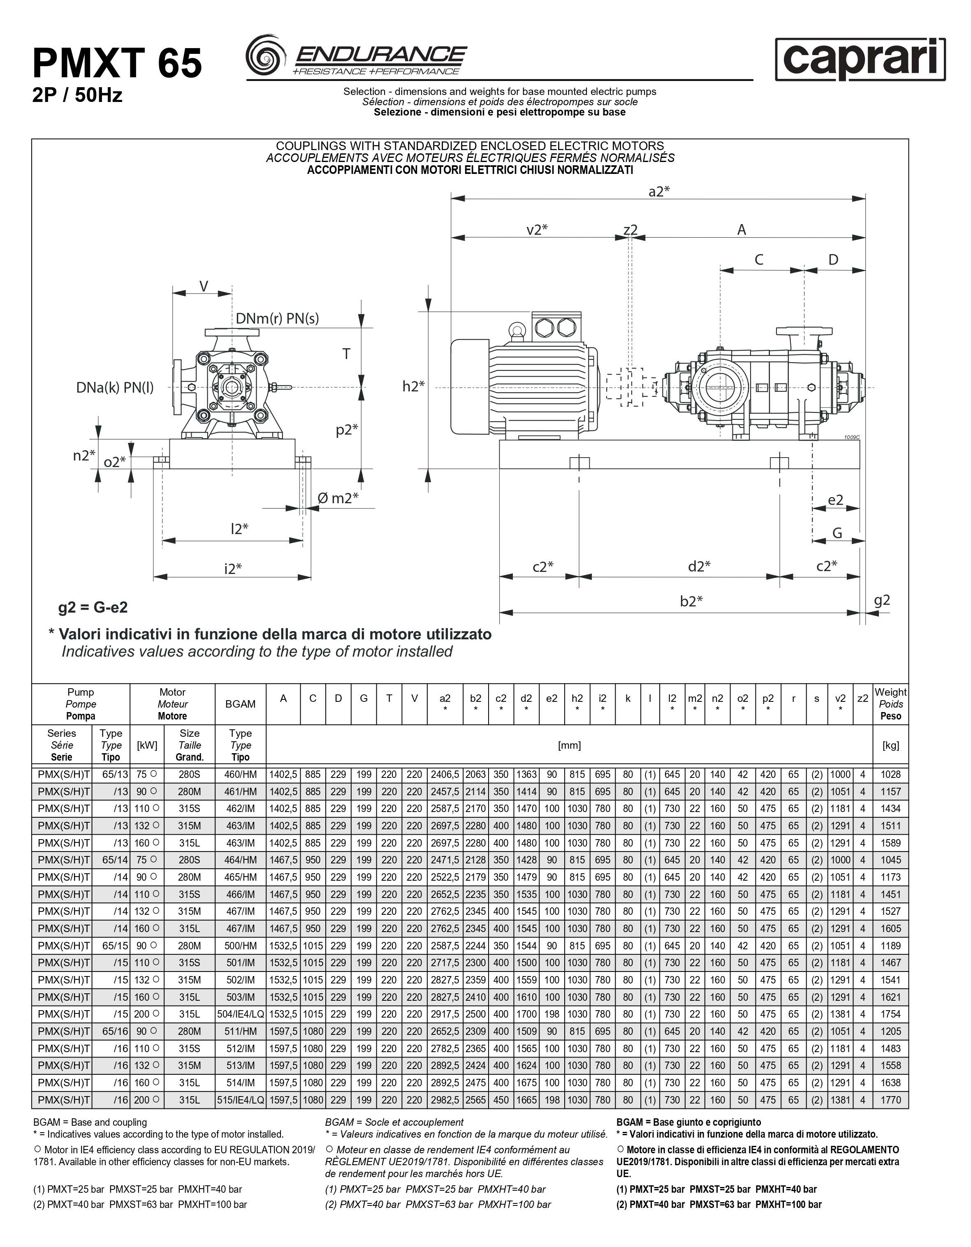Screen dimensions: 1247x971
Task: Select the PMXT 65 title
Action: click(x=118, y=63)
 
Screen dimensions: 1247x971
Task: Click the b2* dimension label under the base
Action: click(x=691, y=601)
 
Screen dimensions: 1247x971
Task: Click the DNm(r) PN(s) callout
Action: click(x=277, y=319)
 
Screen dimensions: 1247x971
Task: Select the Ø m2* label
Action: click(x=338, y=498)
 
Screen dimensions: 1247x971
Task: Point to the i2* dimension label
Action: click(x=232, y=569)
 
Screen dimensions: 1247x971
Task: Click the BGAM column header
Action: click(x=241, y=704)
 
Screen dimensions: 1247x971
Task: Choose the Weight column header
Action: click(x=890, y=704)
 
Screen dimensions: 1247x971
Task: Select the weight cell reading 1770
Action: click(x=890, y=1100)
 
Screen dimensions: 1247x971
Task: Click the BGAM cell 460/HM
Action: click(x=241, y=775)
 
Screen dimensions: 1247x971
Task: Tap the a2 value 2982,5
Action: click(x=445, y=1100)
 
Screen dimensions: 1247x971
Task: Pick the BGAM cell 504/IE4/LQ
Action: click(x=241, y=1014)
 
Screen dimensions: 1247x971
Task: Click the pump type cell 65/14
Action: click(x=111, y=860)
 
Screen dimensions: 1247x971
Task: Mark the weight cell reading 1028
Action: click(x=890, y=775)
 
